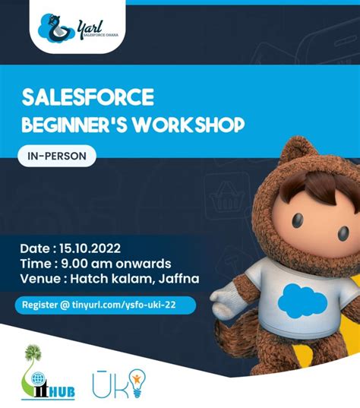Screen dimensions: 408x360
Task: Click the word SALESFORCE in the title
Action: [x=88, y=97]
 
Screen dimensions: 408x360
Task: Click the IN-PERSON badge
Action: [x=57, y=157]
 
